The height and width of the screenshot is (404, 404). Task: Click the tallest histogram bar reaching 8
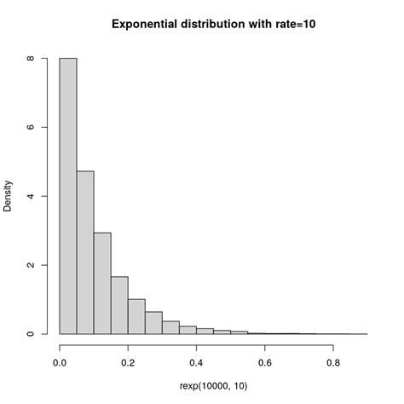pyautogui.click(x=68, y=196)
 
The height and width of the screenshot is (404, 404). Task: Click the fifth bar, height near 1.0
pyautogui.click(x=136, y=316)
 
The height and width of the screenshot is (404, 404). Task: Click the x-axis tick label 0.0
pyautogui.click(x=60, y=362)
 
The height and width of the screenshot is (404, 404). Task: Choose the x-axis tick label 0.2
pyautogui.click(x=128, y=362)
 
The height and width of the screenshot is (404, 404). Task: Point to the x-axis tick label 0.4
pyautogui.click(x=196, y=362)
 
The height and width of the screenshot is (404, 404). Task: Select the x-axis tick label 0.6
pyautogui.click(x=264, y=362)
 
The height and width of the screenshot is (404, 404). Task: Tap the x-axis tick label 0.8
pyautogui.click(x=332, y=362)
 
